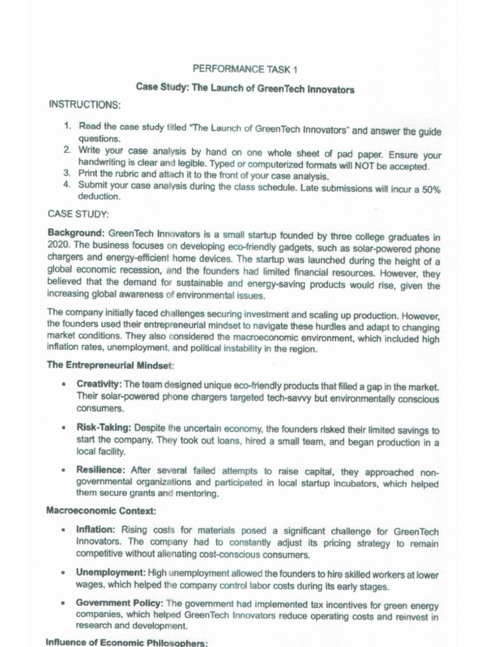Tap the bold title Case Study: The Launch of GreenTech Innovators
[245, 89]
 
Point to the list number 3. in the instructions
[68, 175]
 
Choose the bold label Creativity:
[99, 384]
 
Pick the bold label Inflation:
[95, 529]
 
